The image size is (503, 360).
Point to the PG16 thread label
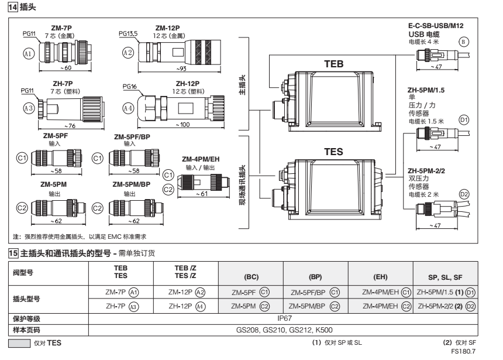pos(130,86)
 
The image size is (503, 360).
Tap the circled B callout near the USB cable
pos(464,42)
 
